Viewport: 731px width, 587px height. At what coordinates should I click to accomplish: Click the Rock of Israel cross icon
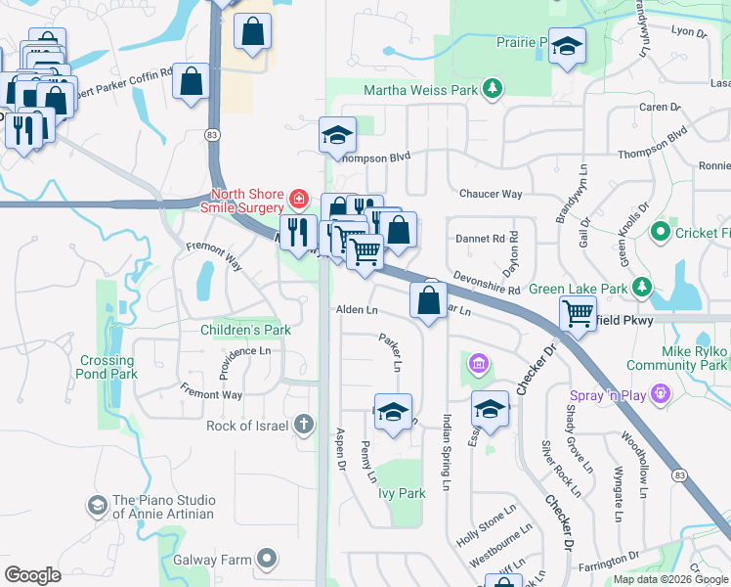[304, 425]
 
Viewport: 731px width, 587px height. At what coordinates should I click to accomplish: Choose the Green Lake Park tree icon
[642, 288]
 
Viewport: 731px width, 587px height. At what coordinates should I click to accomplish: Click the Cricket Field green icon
[660, 233]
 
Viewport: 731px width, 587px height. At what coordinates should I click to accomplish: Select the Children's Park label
[245, 330]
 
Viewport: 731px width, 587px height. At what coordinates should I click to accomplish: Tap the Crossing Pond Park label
[107, 367]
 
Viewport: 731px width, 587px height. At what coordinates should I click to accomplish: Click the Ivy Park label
[402, 493]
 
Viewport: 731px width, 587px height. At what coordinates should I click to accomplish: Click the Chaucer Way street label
[491, 195]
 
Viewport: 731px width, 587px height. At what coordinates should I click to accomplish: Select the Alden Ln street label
[357, 309]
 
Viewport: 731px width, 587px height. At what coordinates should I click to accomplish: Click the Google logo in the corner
[32, 575]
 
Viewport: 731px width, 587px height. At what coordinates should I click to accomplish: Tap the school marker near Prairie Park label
[567, 47]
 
